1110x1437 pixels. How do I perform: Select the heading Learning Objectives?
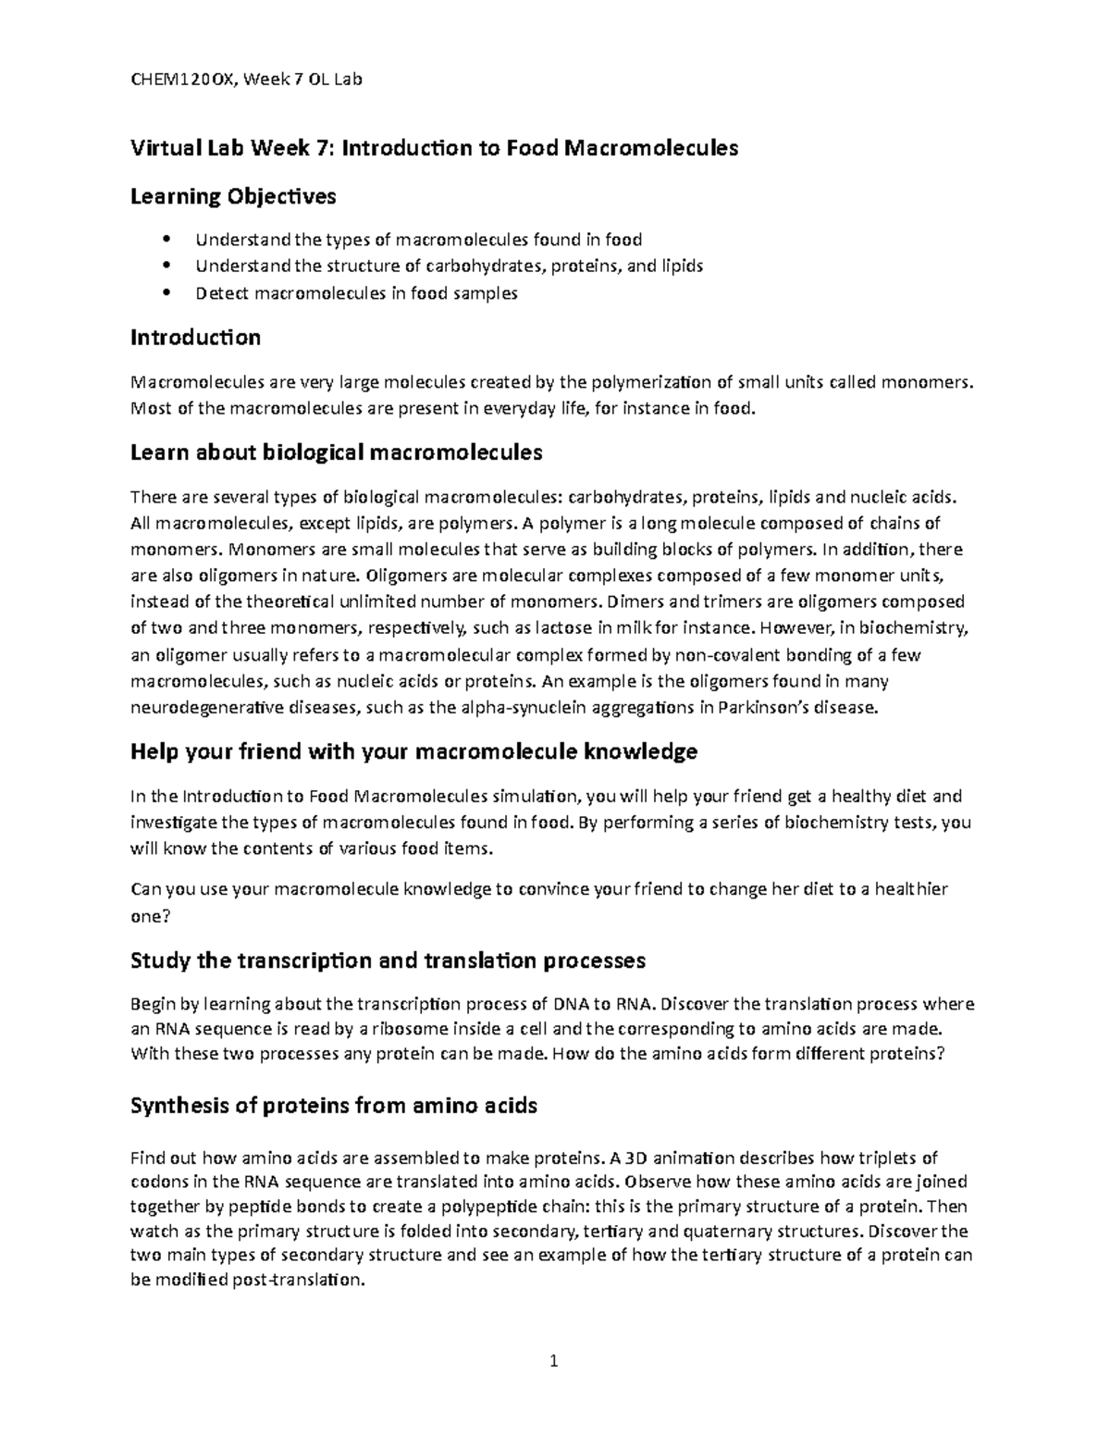coord(233,196)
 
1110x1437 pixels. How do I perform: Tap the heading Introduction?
coord(195,337)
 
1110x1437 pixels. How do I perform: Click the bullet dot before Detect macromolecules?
coord(166,293)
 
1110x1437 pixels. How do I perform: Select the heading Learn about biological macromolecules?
coord(336,452)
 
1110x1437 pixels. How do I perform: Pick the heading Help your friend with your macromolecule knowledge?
coord(413,751)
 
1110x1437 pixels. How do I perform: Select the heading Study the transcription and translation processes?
coord(388,960)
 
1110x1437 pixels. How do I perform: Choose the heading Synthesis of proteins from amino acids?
coord(334,1106)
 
